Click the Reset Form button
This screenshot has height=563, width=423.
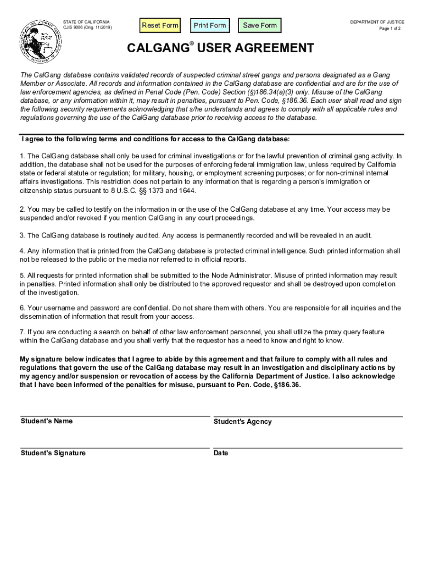[x=160, y=25]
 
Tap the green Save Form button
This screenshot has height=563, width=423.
[x=260, y=25]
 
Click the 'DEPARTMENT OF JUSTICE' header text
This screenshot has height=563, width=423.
[x=377, y=22]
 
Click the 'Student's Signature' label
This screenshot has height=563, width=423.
[x=53, y=453]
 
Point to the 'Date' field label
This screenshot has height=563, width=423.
[x=221, y=454]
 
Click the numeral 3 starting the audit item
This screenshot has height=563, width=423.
[x=22, y=235]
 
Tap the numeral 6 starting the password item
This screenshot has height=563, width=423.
[x=22, y=308]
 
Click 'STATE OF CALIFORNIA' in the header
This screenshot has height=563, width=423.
[x=86, y=22]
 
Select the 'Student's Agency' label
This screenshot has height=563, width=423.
[x=242, y=422]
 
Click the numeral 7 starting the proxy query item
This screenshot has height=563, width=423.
[x=22, y=332]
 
